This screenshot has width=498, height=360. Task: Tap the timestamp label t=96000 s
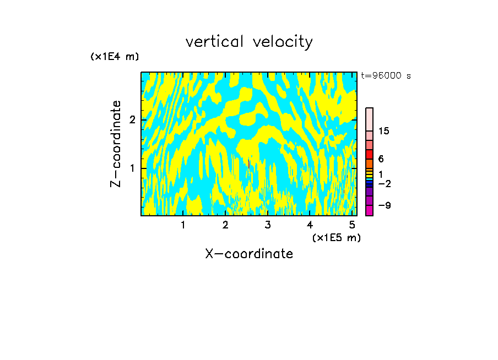[386, 76]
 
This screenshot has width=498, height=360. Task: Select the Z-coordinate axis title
[116, 144]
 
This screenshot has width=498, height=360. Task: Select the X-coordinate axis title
[249, 254]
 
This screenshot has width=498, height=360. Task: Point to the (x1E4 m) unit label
[115, 56]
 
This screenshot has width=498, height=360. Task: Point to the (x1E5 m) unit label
[336, 237]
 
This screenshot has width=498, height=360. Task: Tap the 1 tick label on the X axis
[183, 225]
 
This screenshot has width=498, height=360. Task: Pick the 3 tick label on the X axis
[268, 225]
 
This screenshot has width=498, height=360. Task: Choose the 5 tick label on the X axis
[352, 225]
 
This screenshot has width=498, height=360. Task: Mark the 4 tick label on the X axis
[310, 225]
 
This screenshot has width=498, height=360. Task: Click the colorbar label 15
[384, 131]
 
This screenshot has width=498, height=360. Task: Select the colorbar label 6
[381, 159]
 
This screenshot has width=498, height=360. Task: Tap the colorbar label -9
[384, 205]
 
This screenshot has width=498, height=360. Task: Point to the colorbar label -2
[384, 183]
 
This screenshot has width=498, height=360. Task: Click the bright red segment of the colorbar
[370, 155]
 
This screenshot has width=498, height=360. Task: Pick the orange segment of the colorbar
[370, 163]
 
